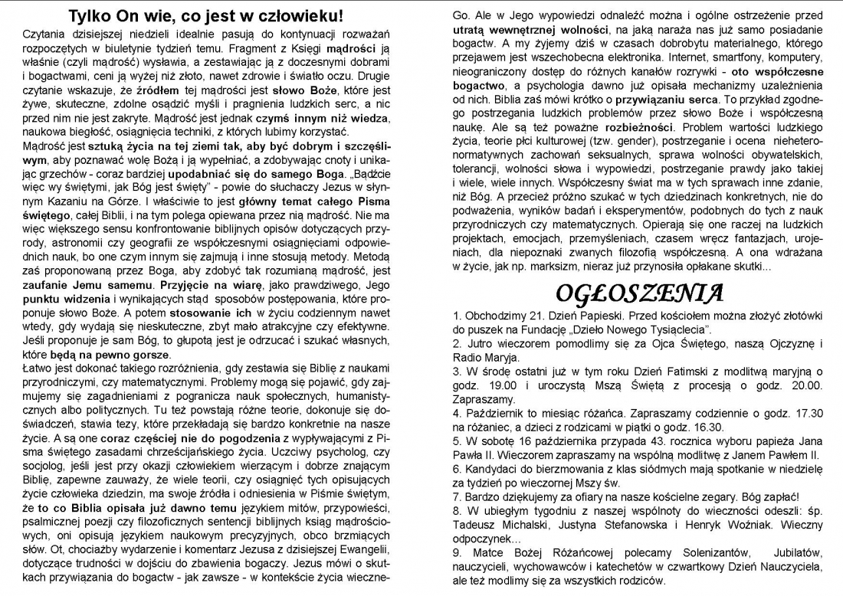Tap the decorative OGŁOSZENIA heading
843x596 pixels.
coord(639,293)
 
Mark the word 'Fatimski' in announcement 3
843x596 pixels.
coord(653,372)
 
